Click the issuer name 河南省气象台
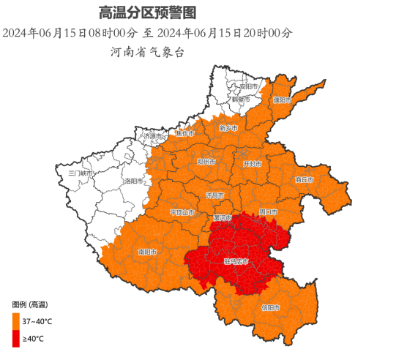point(146,52)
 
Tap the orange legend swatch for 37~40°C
point(16,320)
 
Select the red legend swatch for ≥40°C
point(16,338)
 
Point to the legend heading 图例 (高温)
point(30,304)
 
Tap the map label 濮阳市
point(283,100)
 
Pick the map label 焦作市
point(185,134)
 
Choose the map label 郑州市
point(207,162)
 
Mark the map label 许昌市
point(214,196)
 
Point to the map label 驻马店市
point(236,260)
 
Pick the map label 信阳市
point(271,307)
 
